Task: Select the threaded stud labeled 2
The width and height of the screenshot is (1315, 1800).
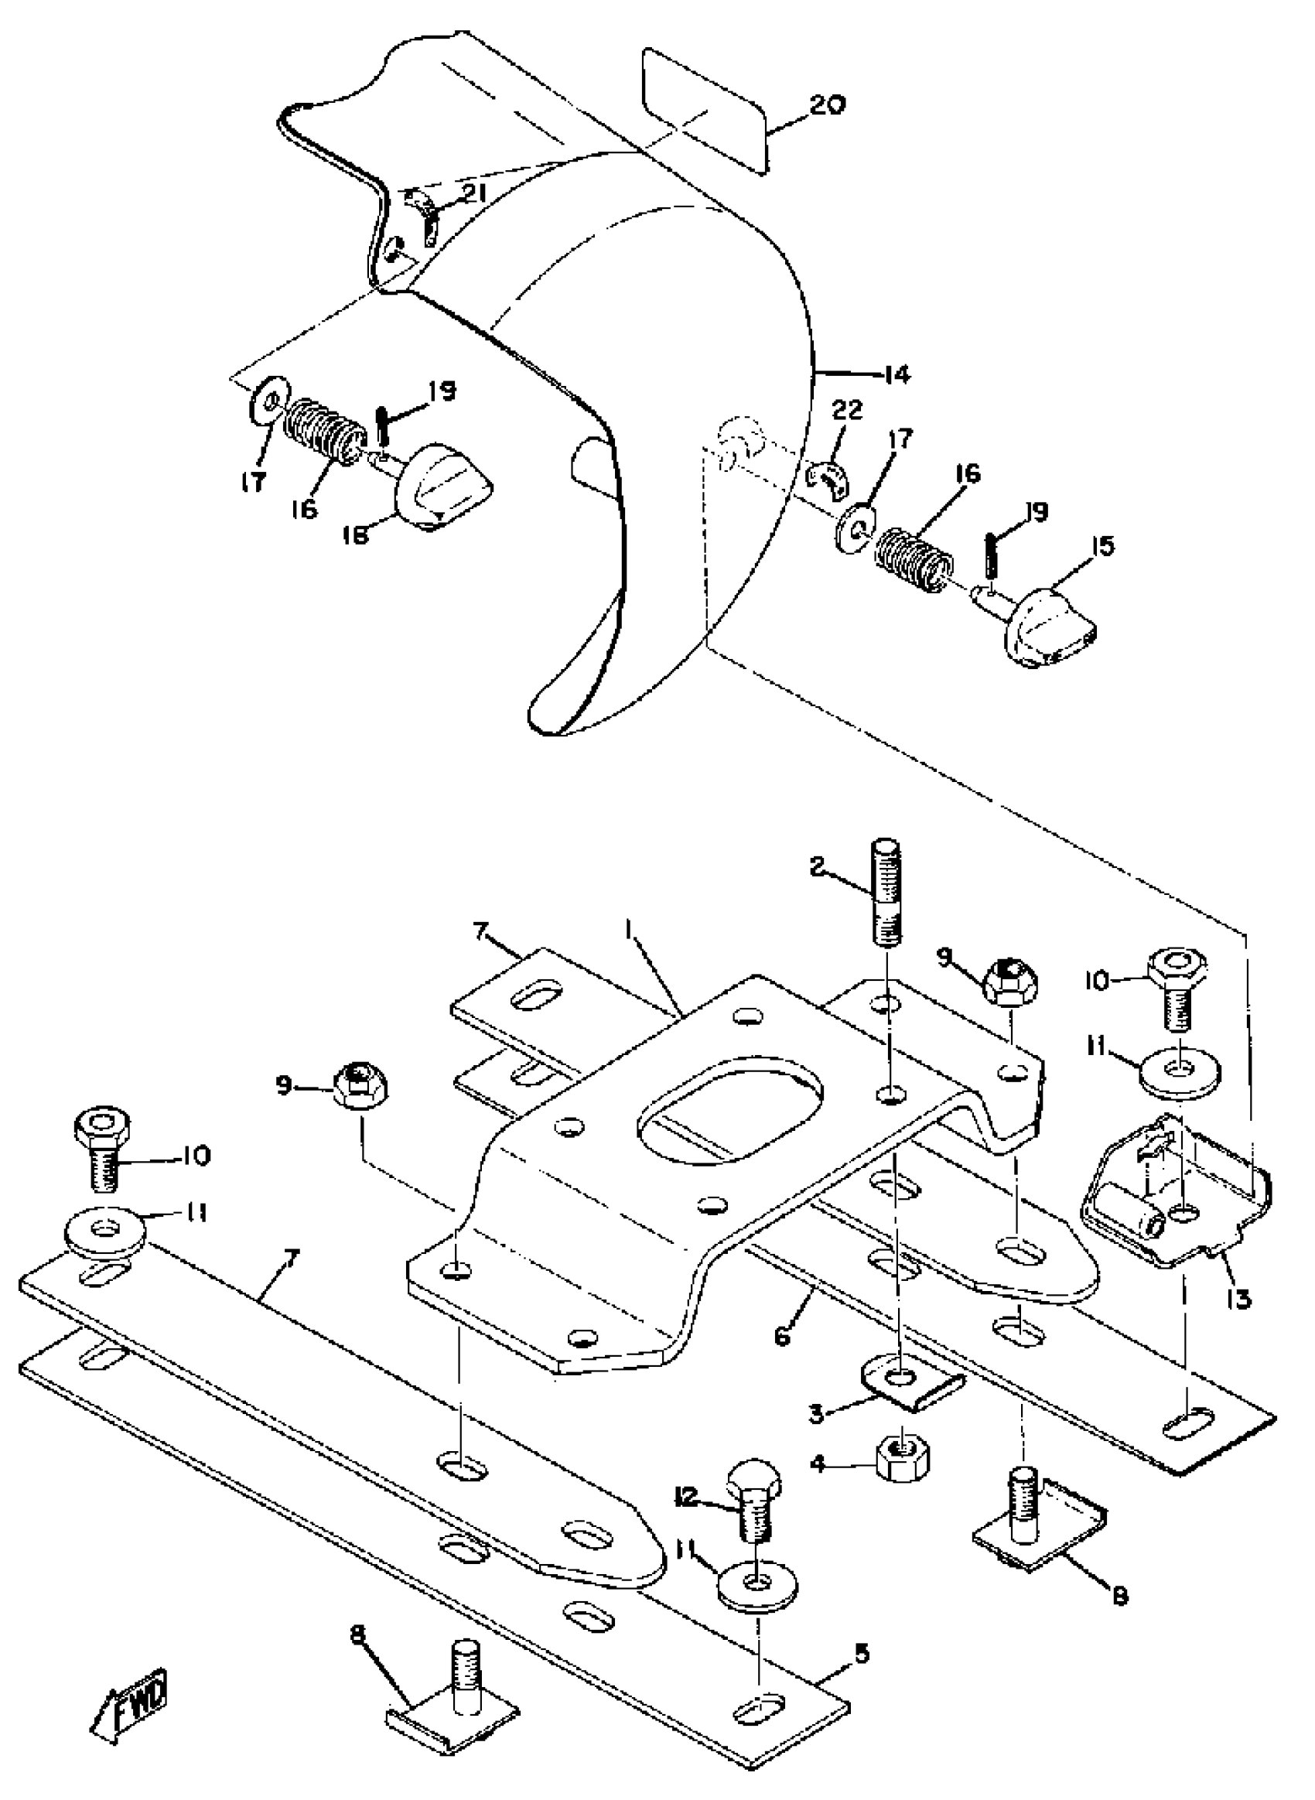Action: coord(887,892)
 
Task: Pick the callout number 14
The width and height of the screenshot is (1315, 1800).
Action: coord(897,374)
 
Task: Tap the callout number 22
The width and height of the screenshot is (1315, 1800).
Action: coord(847,411)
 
